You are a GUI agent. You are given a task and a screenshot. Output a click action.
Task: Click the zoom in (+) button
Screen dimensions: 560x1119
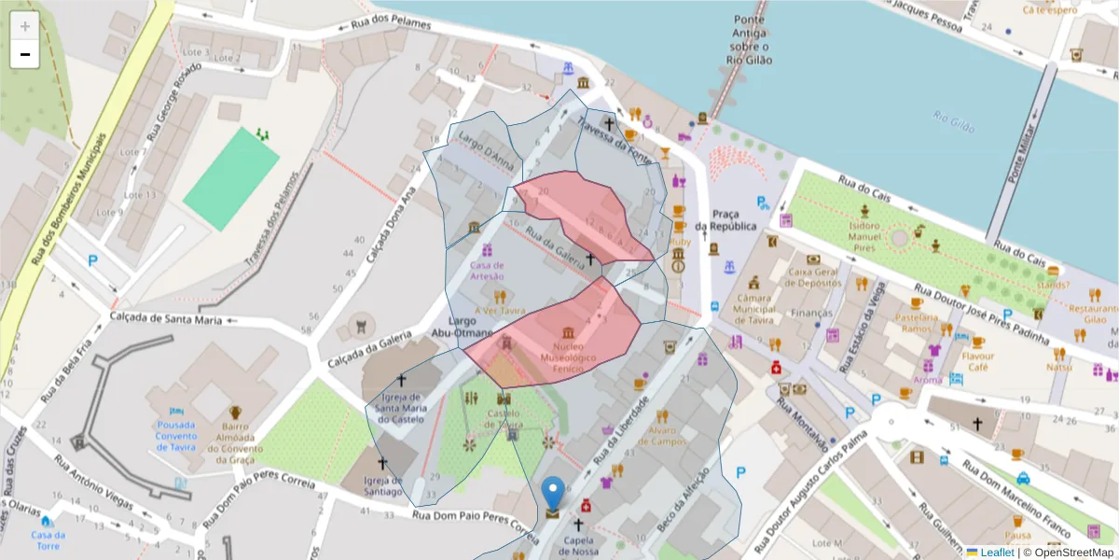click(25, 25)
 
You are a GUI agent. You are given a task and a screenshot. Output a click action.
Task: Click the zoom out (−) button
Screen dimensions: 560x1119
click(25, 54)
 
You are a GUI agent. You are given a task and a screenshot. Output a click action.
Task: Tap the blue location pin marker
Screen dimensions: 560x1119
click(553, 493)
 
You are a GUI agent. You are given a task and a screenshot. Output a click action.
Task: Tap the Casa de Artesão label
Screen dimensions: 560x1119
click(487, 270)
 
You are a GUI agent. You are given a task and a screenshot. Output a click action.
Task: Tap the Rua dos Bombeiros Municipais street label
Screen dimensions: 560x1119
click(67, 198)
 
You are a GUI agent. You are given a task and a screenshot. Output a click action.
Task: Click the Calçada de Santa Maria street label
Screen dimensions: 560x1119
click(166, 319)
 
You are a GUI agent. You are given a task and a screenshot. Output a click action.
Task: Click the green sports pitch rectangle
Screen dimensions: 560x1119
click(231, 178)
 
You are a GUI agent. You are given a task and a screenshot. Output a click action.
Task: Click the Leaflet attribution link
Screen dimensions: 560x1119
click(998, 553)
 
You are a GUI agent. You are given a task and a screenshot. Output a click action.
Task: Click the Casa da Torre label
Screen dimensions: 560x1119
click(48, 540)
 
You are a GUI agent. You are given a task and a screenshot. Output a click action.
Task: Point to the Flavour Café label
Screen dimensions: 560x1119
click(978, 360)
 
